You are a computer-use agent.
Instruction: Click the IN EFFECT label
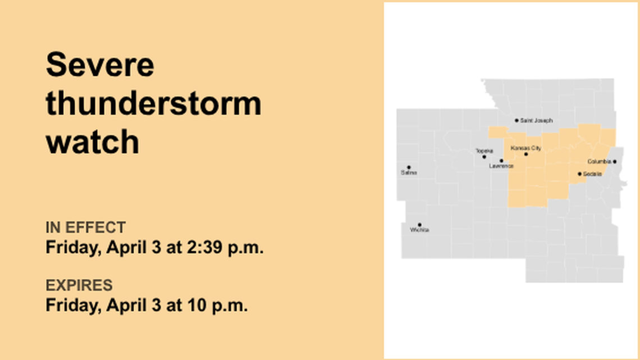coord(85,227)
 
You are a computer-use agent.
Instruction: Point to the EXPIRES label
coord(79,285)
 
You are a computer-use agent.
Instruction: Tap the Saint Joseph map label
coord(536,121)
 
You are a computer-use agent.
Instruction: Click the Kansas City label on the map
coord(526,148)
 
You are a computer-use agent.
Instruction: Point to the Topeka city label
coord(484,151)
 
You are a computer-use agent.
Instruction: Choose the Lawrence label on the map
coord(501,166)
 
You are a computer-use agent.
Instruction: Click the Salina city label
coord(409,173)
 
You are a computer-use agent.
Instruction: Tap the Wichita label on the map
coord(419,230)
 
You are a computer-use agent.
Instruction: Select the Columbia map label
coord(599,162)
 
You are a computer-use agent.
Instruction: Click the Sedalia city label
coord(592,174)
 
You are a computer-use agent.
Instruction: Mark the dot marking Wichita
coord(419,225)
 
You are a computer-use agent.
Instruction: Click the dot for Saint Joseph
coord(516,120)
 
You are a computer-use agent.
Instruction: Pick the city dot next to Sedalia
coord(579,174)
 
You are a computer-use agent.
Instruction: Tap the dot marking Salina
coord(408,167)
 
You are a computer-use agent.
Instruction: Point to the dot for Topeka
coord(484,157)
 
